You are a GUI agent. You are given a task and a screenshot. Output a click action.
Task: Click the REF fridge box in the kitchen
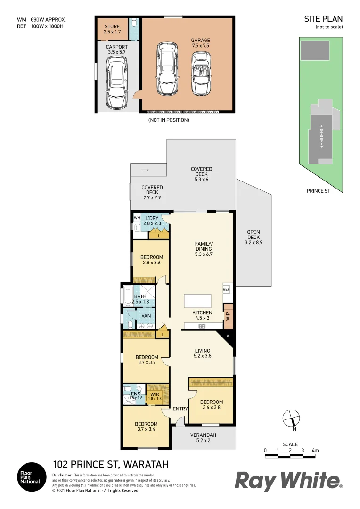pyautogui.click(x=226, y=289)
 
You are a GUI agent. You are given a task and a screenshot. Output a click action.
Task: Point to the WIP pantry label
pyautogui.click(x=228, y=317)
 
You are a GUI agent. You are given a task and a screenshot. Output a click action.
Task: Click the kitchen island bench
pyautogui.click(x=197, y=301)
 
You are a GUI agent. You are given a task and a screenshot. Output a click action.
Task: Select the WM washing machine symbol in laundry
pyautogui.click(x=137, y=218)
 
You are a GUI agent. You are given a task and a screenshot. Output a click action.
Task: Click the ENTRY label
pyautogui.click(x=180, y=409)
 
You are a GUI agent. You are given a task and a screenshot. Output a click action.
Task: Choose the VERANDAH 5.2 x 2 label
pyautogui.click(x=203, y=438)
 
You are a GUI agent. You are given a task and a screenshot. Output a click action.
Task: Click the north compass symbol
pyautogui.click(x=291, y=419)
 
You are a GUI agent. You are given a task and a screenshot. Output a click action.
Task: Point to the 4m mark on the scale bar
pyautogui.click(x=315, y=451)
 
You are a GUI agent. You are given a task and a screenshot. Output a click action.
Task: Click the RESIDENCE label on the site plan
pyautogui.click(x=322, y=136)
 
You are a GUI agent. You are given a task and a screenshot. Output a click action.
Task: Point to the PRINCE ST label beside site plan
pyautogui.click(x=319, y=191)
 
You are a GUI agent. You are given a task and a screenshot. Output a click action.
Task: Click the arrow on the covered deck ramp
pyautogui.click(x=146, y=169)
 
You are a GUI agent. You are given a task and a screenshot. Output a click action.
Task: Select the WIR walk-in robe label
pyautogui.click(x=155, y=395)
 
